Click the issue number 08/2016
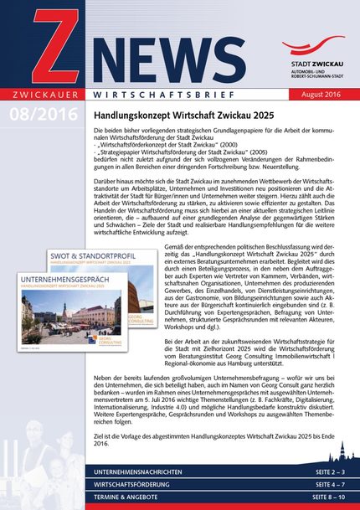(x=41, y=113)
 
